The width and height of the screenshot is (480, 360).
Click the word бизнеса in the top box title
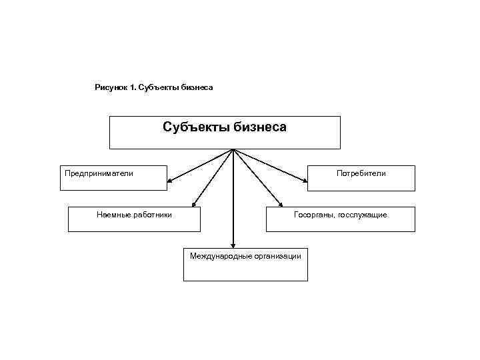point(259,127)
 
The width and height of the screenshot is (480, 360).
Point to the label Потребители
point(361,173)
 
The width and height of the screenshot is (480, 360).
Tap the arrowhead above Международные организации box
point(233,245)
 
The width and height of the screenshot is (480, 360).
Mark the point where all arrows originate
point(233,149)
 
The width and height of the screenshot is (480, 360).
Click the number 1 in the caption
point(133,87)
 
